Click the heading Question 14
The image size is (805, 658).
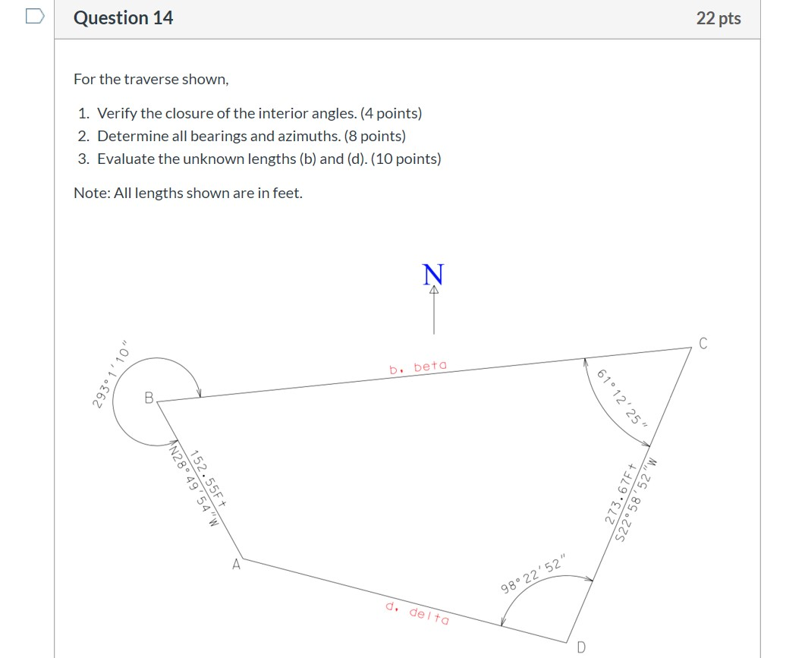[x=123, y=18]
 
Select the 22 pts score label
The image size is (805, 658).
[x=718, y=18]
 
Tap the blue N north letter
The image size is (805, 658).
[x=434, y=274]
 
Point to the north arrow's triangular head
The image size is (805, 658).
[x=434, y=290]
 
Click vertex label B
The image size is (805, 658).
[x=149, y=396]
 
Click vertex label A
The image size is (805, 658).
[x=236, y=564]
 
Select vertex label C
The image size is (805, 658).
[x=703, y=343]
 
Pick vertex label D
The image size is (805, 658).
[x=581, y=647]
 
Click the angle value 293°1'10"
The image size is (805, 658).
[x=111, y=378]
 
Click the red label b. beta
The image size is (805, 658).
[x=418, y=367]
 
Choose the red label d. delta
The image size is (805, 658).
[x=417, y=612]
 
